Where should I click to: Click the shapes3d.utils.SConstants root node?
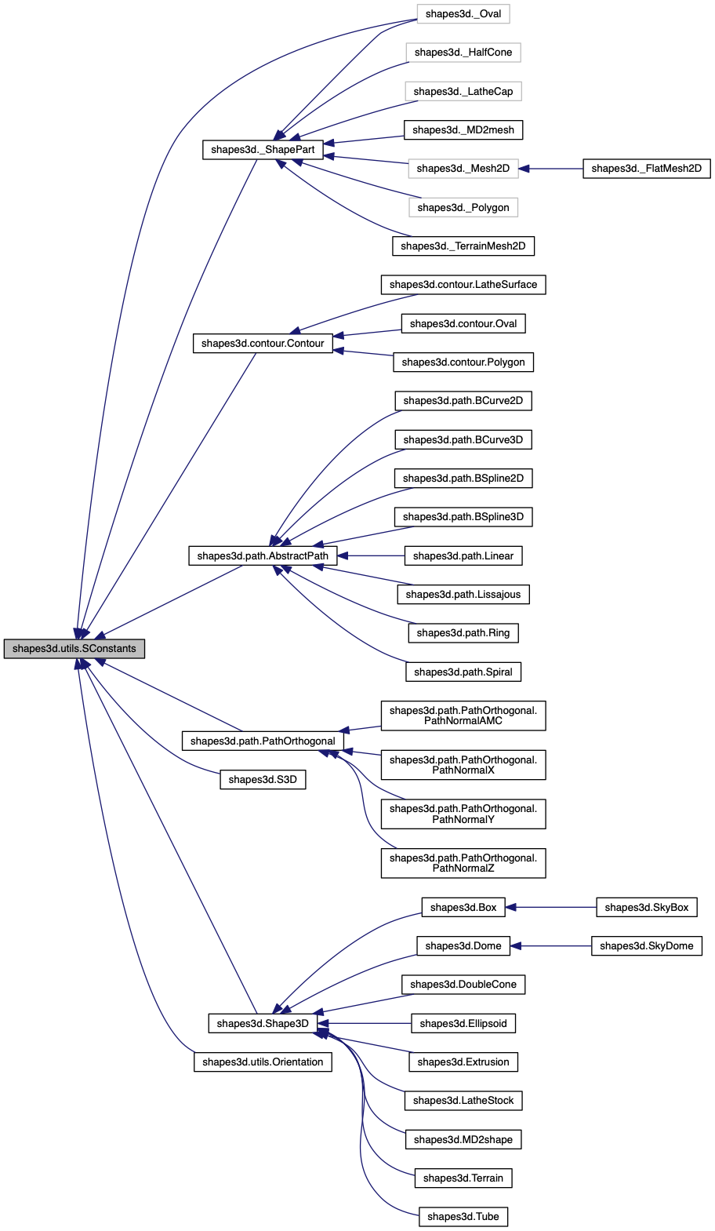pos(74,649)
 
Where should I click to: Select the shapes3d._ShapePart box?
pos(263,150)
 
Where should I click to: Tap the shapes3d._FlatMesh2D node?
pos(646,169)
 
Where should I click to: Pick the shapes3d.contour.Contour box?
pos(263,344)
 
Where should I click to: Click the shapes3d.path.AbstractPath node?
pos(263,556)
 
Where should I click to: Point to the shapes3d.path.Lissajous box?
pos(463,595)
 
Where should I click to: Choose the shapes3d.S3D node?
pos(263,780)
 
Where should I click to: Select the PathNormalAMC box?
pos(463,716)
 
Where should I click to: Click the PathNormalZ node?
pos(463,863)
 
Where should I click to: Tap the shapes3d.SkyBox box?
pos(646,908)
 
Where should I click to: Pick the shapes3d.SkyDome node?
pos(646,946)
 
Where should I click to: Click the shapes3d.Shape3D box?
pos(263,1024)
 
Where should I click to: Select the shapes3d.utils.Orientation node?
pos(263,1062)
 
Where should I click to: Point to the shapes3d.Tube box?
pos(463,1217)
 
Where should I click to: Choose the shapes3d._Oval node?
pos(463,14)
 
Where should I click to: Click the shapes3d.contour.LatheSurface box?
pos(463,285)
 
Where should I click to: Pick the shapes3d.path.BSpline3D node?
pos(463,517)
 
